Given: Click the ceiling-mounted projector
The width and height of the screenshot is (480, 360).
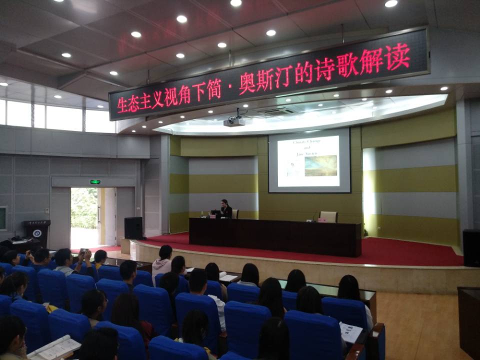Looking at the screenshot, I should click(x=234, y=121).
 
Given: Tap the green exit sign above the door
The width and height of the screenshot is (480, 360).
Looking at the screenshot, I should click(x=95, y=182).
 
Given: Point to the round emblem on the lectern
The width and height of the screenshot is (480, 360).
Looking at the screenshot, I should click(x=37, y=233).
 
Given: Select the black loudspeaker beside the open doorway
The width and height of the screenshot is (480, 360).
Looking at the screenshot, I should click(x=133, y=228).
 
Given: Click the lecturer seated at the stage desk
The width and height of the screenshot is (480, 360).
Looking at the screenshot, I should click(x=226, y=208).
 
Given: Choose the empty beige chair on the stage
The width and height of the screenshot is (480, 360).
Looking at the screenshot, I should click(x=328, y=216).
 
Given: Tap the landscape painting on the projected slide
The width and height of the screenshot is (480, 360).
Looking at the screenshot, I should click(x=320, y=165).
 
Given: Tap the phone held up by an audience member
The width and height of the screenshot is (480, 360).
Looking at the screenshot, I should click(x=83, y=250).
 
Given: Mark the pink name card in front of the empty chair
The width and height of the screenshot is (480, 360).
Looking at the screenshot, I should click(x=322, y=219).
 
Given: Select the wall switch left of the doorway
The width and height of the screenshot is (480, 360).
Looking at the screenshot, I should click(x=47, y=210).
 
